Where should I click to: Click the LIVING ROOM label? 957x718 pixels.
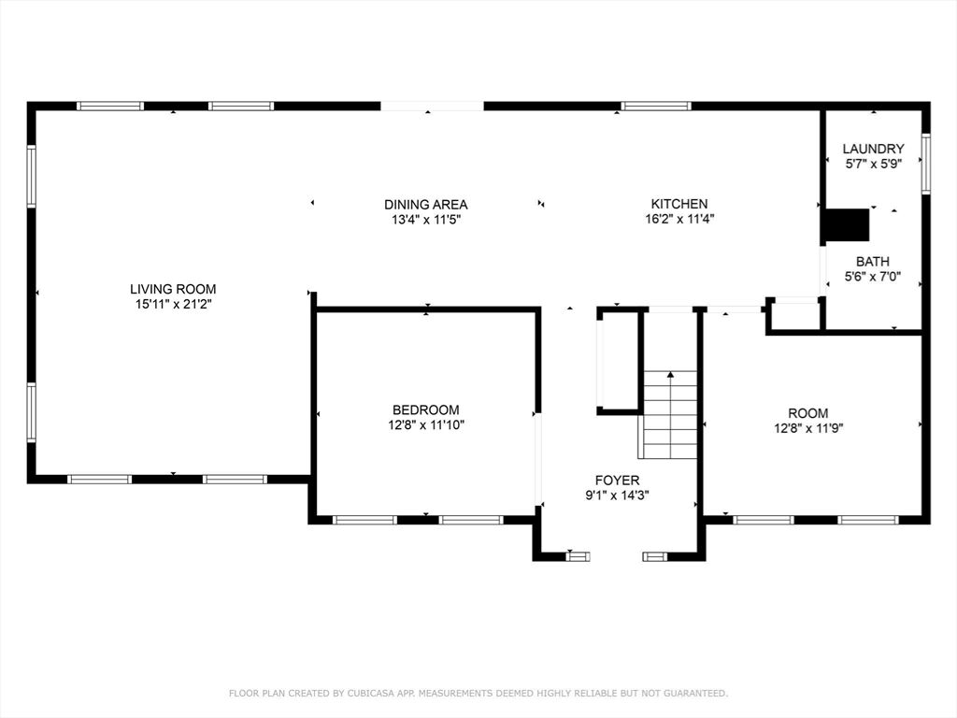(173, 289)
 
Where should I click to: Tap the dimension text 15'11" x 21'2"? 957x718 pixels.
(173, 304)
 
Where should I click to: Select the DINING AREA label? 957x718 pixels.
(426, 205)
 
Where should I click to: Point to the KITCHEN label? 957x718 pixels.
(679, 204)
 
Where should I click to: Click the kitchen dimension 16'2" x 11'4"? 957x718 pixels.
(680, 219)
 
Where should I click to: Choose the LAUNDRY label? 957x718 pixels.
(874, 149)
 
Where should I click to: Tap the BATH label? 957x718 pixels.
(873, 262)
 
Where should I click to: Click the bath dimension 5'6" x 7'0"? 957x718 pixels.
(873, 277)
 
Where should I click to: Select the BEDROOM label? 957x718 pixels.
(426, 409)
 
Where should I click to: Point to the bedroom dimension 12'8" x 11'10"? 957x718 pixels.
(426, 425)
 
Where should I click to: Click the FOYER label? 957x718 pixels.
(617, 481)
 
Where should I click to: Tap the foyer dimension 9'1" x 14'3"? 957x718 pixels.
(617, 495)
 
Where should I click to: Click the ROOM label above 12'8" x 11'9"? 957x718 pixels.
(808, 413)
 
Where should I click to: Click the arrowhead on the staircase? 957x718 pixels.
(671, 374)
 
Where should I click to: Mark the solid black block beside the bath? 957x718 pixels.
(845, 224)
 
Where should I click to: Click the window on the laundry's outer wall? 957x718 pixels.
(926, 164)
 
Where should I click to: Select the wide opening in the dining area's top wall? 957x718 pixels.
(432, 107)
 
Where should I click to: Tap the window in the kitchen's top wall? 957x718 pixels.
(656, 107)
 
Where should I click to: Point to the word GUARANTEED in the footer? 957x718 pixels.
(695, 693)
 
